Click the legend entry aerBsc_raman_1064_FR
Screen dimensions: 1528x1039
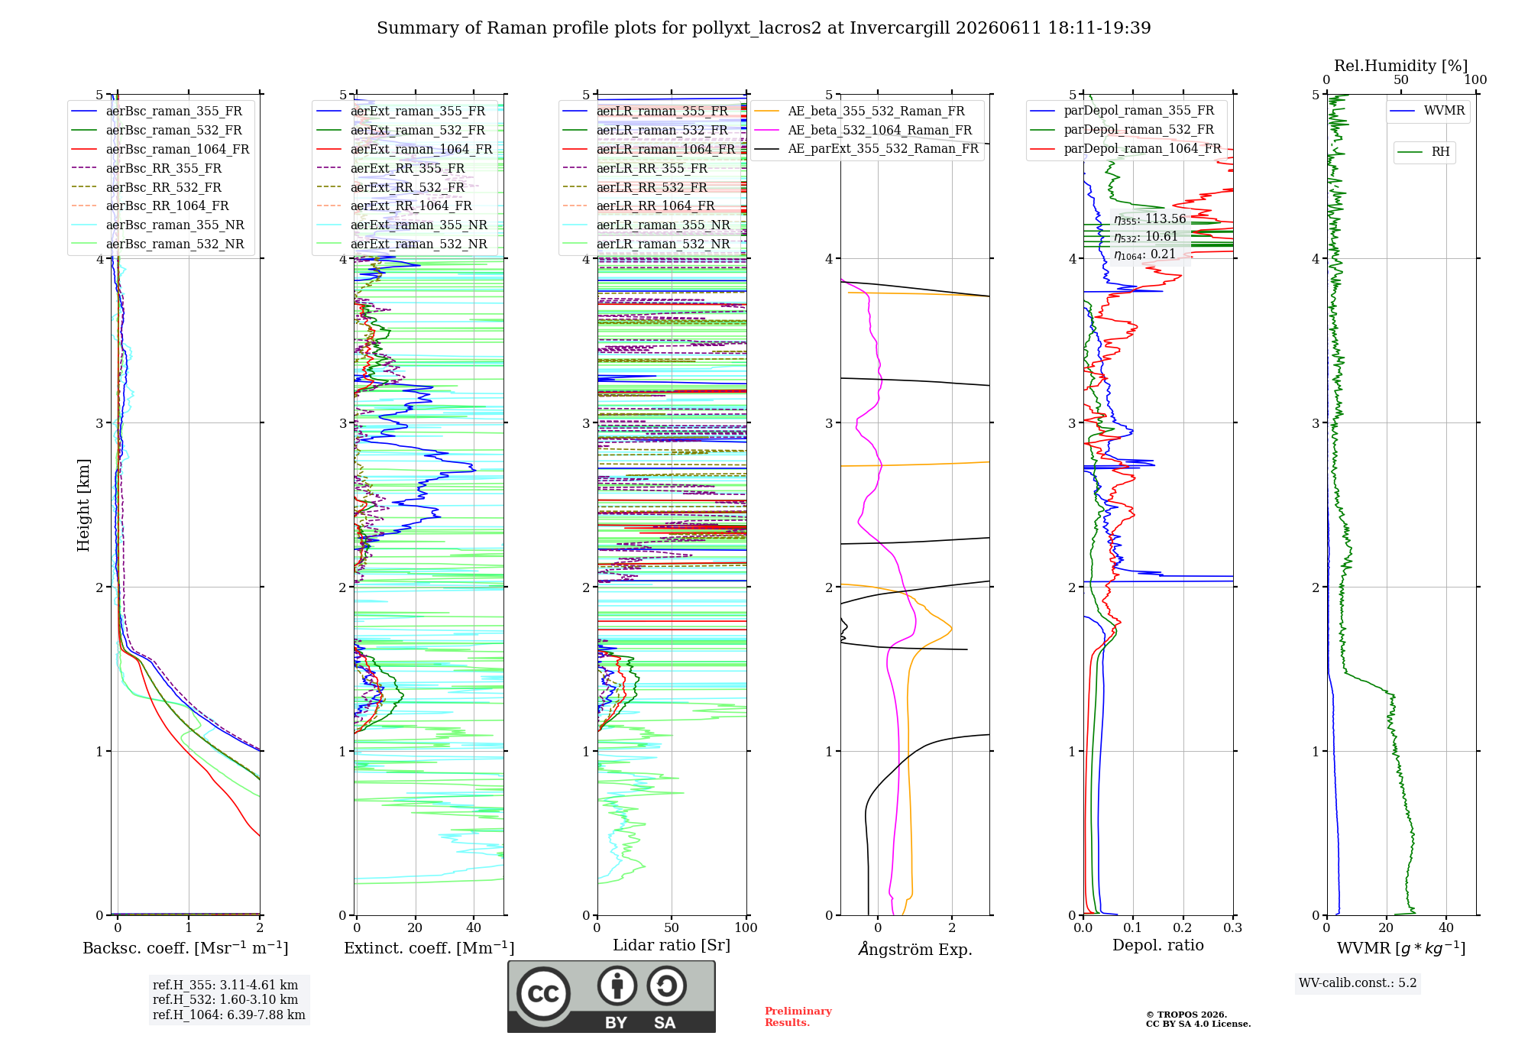pyautogui.click(x=177, y=149)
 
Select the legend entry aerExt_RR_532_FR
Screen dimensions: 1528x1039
pyautogui.click(x=407, y=187)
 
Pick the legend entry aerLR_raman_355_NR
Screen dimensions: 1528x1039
pyautogui.click(x=663, y=225)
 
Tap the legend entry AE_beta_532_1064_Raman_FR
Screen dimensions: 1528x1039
pyautogui.click(x=880, y=130)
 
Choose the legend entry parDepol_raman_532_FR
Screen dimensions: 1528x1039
pyautogui.click(x=1139, y=130)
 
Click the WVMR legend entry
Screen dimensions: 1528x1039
pyautogui.click(x=1444, y=111)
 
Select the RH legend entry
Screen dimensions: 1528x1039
pyautogui.click(x=1440, y=152)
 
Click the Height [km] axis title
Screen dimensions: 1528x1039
pyautogui.click(x=83, y=505)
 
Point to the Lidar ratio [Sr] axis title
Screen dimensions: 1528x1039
pyautogui.click(x=672, y=945)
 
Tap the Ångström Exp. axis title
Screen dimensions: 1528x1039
pyautogui.click(x=915, y=949)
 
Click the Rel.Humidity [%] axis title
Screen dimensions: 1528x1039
pyautogui.click(x=1401, y=66)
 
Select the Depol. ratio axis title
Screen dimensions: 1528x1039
pyautogui.click(x=1158, y=945)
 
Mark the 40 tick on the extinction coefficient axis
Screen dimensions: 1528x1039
pyautogui.click(x=474, y=927)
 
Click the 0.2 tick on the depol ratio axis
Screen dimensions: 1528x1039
pyautogui.click(x=1183, y=927)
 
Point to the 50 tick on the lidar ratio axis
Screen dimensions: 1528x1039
pyautogui.click(x=672, y=927)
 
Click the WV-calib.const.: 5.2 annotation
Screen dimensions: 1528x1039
pyautogui.click(x=1358, y=983)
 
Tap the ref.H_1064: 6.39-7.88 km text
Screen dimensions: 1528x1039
pyautogui.click(x=229, y=1015)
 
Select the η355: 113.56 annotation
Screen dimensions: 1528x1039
pyautogui.click(x=1150, y=219)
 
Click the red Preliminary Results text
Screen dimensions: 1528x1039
pyautogui.click(x=798, y=1017)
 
